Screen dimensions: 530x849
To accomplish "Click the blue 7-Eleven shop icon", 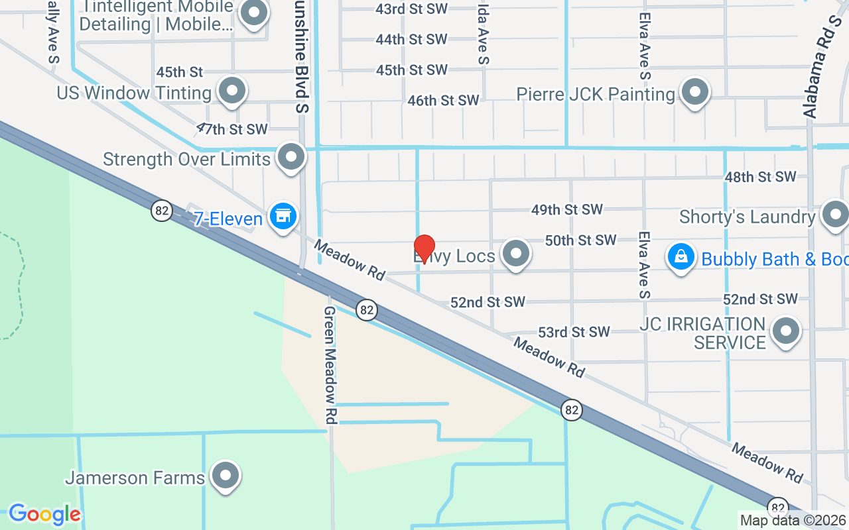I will point(283,217).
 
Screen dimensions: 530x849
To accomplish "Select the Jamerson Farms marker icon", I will point(225,475).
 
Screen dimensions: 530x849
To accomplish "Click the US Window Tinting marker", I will point(231,91).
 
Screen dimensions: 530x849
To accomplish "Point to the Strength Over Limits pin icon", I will point(291,158).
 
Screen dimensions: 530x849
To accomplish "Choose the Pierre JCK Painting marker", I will point(694,92).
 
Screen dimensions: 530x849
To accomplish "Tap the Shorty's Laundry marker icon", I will point(834,215).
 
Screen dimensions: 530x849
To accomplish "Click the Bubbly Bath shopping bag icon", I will point(681,257).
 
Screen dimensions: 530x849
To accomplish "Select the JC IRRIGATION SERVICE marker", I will point(787,330).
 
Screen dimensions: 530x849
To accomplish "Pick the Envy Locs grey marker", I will point(515,254).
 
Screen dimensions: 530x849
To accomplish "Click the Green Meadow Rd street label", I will point(330,365).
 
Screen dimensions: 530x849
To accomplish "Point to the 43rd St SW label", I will point(411,9).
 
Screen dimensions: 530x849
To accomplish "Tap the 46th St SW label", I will point(443,101).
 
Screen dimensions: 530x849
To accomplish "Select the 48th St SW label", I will point(760,177).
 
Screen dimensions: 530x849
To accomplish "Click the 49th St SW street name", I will point(567,210).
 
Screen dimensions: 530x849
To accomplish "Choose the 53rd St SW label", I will point(573,332).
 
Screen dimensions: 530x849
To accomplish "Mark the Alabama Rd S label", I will point(821,66).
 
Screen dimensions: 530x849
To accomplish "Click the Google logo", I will point(44,514).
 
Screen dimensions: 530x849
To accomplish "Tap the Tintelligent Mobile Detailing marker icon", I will point(253,13).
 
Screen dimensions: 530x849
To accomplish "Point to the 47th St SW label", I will point(232,129).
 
